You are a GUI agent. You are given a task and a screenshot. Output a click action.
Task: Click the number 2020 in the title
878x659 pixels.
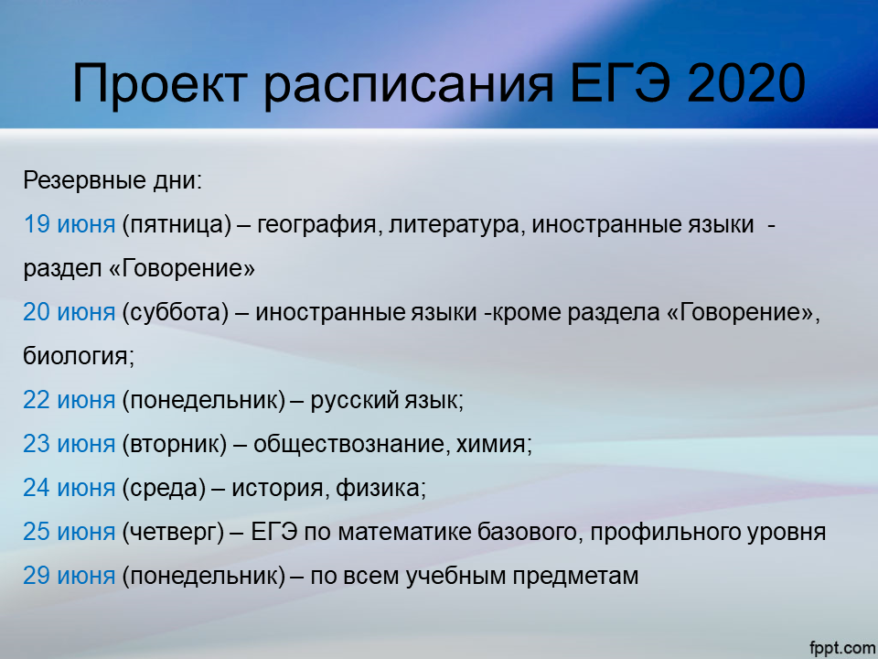tap(746, 83)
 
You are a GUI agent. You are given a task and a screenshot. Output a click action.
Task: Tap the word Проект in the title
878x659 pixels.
tap(159, 85)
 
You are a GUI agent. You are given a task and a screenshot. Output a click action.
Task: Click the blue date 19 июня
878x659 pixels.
tap(69, 225)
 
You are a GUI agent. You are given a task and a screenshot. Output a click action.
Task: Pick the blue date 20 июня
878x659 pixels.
tap(69, 312)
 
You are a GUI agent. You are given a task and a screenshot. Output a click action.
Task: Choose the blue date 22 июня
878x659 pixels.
tap(69, 400)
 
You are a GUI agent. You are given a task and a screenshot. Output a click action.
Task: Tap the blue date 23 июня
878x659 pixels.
tap(69, 444)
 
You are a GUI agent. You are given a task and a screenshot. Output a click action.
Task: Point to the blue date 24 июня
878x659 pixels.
tap(69, 488)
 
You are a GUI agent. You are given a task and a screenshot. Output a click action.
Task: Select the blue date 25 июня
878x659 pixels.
tap(69, 531)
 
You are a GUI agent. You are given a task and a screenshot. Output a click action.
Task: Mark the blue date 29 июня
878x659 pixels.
tap(69, 576)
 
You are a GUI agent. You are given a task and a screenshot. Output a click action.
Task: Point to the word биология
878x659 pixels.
tap(78, 356)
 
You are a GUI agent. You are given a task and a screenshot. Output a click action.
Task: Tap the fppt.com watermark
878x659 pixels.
tap(842, 647)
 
